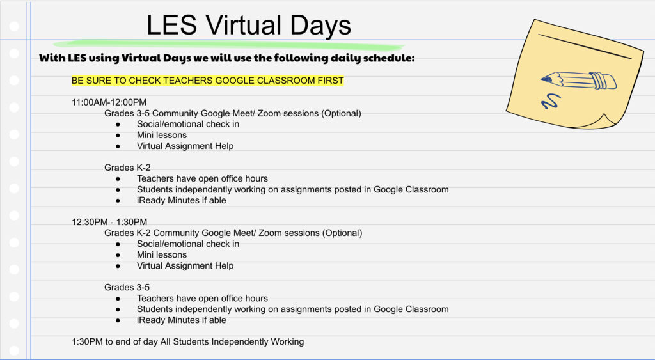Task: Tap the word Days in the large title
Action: (x=320, y=26)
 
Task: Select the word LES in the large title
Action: (x=171, y=25)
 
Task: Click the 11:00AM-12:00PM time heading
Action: (x=109, y=102)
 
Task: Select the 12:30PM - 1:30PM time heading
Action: (x=109, y=222)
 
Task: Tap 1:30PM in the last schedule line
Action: (x=87, y=341)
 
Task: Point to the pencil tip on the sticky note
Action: (x=542, y=79)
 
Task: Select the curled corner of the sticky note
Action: (x=605, y=121)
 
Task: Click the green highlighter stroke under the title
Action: (x=229, y=45)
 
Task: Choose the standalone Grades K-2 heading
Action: (x=127, y=168)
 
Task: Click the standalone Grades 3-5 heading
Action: (x=127, y=287)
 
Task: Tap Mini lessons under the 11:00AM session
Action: (x=162, y=135)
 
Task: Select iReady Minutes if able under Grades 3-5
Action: (x=181, y=320)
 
